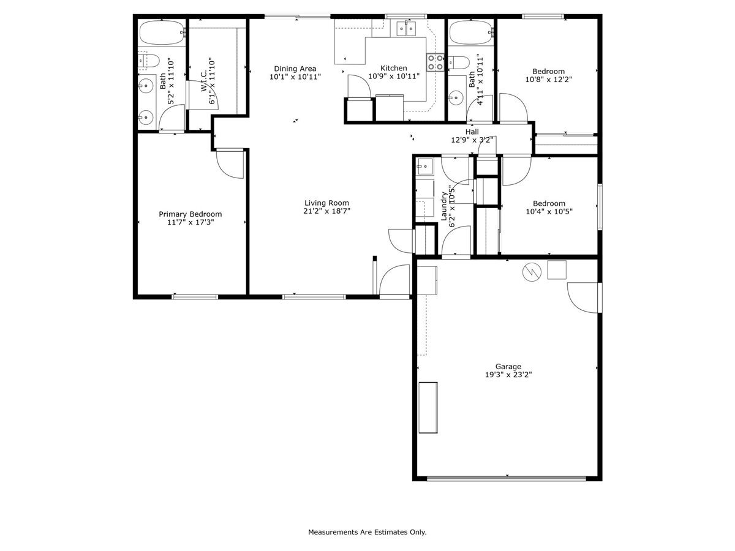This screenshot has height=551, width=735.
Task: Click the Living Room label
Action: coord(326,203)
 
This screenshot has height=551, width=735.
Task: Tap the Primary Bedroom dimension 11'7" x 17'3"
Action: coord(190,222)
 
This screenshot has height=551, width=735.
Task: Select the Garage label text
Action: coord(508,367)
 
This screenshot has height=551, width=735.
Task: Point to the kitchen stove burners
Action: coord(435,62)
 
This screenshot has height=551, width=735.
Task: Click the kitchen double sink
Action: coord(404,28)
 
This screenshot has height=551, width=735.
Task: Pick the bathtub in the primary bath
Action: coord(161,32)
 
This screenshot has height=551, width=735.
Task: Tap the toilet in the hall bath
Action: coord(459,61)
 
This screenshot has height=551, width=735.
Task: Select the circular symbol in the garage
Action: coord(531,271)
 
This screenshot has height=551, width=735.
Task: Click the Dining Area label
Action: coord(295,69)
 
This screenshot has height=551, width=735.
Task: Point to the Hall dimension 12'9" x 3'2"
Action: coord(472,140)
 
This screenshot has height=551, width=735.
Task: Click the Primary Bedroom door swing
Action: coord(230,163)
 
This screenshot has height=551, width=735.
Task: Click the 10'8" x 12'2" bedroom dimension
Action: coord(548,79)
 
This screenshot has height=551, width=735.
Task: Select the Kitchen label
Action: coord(393,68)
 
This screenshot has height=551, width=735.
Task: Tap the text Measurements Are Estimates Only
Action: coord(367,533)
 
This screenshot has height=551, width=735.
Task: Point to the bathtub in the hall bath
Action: coord(470,32)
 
